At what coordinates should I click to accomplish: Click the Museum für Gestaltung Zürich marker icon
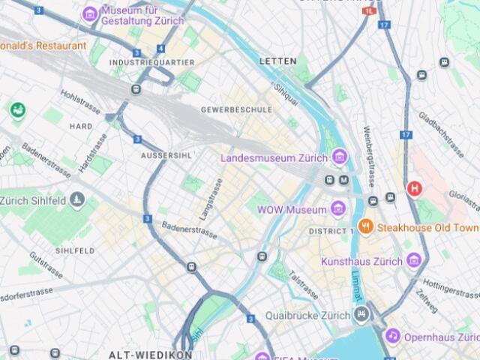click(90, 13)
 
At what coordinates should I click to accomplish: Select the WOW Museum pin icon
click(338, 209)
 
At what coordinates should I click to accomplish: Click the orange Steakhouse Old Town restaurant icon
click(365, 226)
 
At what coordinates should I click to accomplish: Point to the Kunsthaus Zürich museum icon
click(414, 261)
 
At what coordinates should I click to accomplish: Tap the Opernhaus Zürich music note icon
click(392, 337)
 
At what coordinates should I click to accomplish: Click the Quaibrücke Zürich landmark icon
click(361, 314)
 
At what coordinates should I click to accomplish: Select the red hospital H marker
click(413, 188)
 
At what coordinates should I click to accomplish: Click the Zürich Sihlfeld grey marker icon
click(78, 200)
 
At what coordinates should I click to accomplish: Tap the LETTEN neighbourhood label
click(277, 61)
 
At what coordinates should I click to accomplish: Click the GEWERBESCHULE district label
click(236, 109)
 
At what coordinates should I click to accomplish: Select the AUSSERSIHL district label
click(166, 154)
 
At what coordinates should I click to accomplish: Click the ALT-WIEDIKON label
click(151, 354)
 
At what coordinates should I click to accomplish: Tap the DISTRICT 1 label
click(331, 231)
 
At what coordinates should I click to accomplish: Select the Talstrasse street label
click(303, 285)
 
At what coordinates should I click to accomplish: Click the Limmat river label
click(357, 283)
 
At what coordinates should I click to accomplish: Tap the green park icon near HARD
click(17, 109)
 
